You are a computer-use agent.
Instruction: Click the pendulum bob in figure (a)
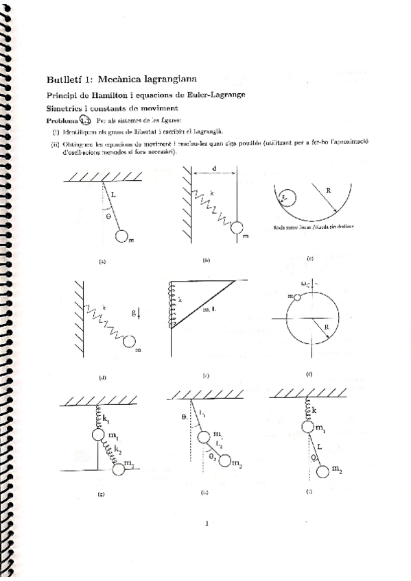123,236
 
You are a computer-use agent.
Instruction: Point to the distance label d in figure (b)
215,169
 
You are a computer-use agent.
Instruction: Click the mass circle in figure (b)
237,228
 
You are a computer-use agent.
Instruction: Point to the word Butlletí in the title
62,78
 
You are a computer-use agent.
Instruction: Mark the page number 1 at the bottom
206,525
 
